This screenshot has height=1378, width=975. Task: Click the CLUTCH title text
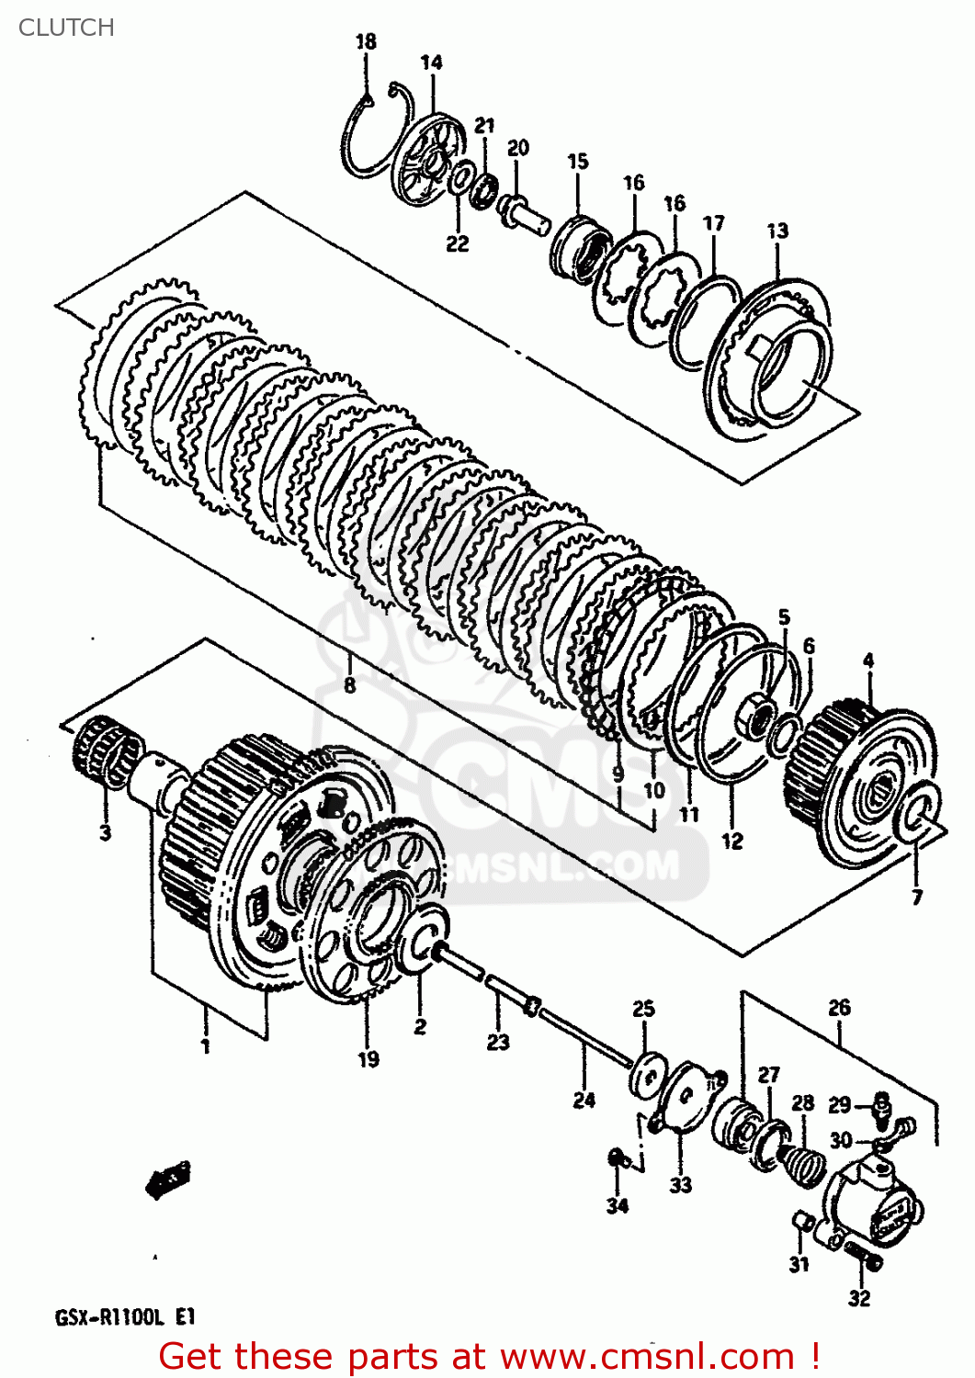(66, 28)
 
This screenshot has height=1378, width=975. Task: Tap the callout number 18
(366, 41)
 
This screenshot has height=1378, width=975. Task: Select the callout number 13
(777, 231)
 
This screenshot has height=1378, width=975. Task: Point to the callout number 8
(349, 685)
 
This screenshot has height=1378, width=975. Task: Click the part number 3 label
(105, 833)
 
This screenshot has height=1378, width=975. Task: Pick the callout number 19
(368, 1059)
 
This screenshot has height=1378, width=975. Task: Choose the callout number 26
(839, 1008)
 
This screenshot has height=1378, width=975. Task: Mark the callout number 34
(618, 1205)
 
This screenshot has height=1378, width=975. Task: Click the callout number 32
(859, 1298)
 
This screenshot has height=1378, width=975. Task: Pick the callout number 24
(584, 1100)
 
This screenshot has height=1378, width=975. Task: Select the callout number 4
(868, 661)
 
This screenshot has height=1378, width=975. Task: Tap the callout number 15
(577, 162)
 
